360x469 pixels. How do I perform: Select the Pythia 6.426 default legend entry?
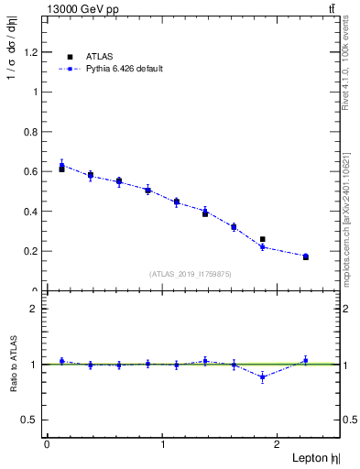tap(123, 69)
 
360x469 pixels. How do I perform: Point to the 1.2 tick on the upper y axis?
tap(33, 52)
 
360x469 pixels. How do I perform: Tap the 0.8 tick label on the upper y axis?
tap(33, 132)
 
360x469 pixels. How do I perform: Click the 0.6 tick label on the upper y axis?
tap(33, 171)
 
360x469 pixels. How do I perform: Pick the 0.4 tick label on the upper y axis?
tap(33, 212)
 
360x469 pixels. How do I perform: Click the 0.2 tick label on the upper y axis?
tap(33, 251)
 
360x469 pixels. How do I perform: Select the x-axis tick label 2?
tap(279, 444)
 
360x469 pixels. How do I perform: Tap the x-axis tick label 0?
tap(47, 444)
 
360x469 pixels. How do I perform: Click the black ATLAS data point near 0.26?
tap(262, 239)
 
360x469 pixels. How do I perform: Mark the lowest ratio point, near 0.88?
tap(262, 376)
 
